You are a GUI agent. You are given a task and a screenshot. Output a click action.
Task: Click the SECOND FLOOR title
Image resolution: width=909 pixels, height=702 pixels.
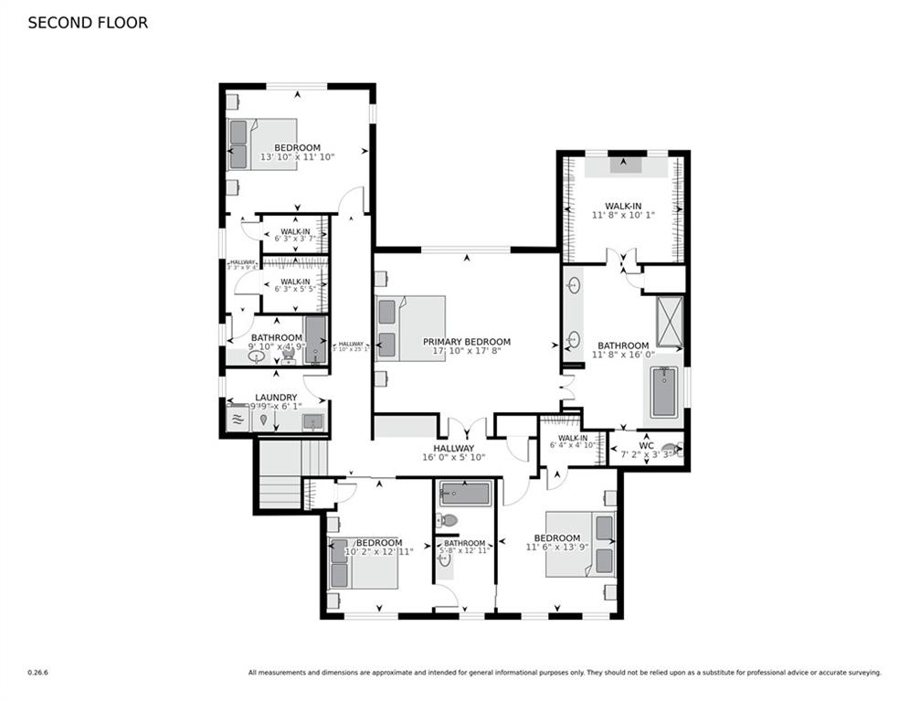(x=88, y=23)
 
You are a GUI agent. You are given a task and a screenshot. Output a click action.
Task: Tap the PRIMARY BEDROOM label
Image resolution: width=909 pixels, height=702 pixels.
(x=466, y=342)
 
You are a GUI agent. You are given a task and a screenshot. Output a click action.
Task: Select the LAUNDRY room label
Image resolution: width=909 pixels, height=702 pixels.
(x=276, y=398)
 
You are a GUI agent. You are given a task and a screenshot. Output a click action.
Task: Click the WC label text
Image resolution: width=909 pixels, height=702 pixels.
(x=647, y=445)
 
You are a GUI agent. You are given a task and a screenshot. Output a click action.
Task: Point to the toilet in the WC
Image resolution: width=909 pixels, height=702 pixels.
(x=672, y=449)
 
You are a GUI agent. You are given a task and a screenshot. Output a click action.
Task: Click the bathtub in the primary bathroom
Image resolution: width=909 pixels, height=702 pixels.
(x=663, y=391)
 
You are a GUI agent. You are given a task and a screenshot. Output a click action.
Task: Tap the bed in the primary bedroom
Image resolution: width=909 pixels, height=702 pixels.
(x=409, y=328)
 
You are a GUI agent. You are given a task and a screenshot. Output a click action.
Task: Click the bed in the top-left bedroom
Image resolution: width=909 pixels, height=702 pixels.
(x=261, y=144)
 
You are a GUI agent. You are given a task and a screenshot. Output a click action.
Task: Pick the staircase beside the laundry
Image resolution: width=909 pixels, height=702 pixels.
(x=279, y=473)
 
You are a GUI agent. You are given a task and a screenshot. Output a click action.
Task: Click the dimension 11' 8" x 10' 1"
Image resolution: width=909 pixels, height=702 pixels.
(x=626, y=215)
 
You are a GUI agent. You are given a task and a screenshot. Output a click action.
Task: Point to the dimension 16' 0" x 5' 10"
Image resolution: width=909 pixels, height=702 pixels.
(x=453, y=457)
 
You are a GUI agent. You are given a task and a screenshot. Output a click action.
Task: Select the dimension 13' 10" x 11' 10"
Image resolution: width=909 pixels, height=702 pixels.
(x=297, y=157)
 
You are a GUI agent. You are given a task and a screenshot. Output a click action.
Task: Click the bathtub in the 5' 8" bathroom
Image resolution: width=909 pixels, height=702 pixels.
(x=464, y=495)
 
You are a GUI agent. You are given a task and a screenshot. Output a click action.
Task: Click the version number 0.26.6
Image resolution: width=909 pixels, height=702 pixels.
(x=37, y=673)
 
